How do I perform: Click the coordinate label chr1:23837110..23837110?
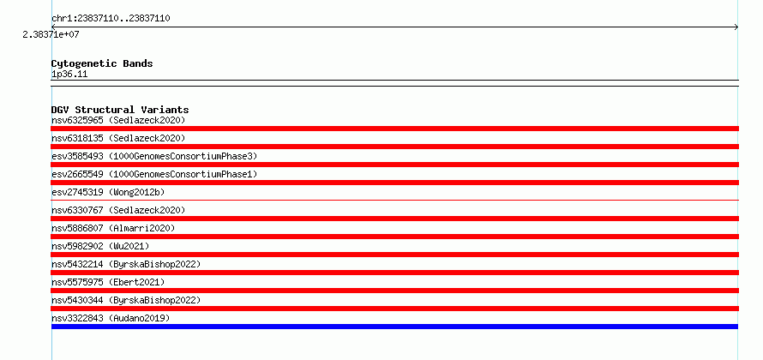[x=111, y=19]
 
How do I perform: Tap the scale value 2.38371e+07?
[x=51, y=34]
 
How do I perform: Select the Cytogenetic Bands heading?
[x=102, y=63]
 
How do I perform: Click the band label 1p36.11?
[x=69, y=75]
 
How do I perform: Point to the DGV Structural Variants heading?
[x=120, y=110]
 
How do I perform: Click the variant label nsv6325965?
[x=77, y=120]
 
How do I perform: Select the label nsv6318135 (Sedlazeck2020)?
[x=118, y=138]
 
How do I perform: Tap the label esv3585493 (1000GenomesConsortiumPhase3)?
[x=154, y=156]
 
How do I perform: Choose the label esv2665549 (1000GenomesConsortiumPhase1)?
[x=154, y=174]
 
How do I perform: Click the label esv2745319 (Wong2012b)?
[x=108, y=192]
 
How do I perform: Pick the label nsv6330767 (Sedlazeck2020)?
[x=118, y=210]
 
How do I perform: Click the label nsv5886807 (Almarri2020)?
[x=113, y=228]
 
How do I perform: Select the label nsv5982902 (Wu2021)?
[x=100, y=246]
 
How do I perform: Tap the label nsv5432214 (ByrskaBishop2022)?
[x=126, y=264]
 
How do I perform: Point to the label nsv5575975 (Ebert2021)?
[x=108, y=282]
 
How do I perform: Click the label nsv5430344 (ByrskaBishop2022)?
[x=126, y=300]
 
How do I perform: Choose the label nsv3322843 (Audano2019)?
[x=111, y=318]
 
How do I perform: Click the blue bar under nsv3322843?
[x=394, y=327]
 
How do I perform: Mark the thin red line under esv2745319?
[x=394, y=200]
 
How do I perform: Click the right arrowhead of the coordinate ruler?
[x=736, y=27]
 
